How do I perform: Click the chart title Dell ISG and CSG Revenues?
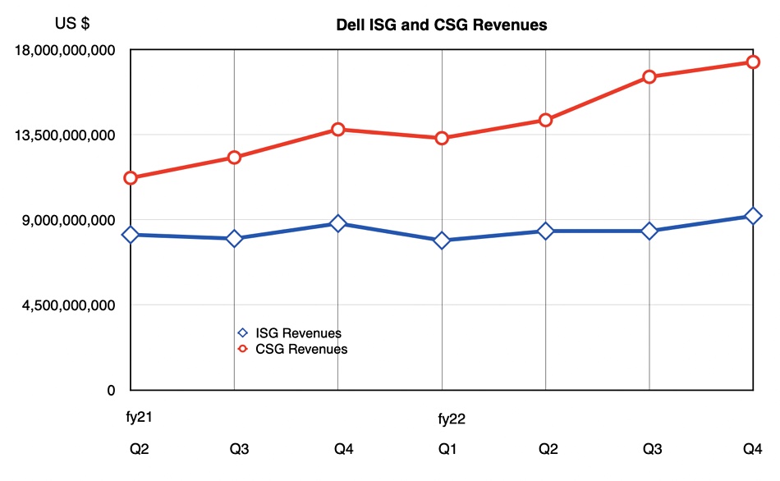pos(442,25)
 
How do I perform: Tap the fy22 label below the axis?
pos(452,419)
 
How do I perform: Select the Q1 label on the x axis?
pos(447,449)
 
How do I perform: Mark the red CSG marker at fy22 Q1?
pos(442,138)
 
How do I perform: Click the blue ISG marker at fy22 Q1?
pos(442,240)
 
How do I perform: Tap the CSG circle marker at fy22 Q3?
pos(649,77)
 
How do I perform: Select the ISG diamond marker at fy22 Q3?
pos(649,231)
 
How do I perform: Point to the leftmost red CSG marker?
pos(131,178)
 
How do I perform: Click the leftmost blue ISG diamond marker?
pos(131,235)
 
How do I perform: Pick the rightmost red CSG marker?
pos(753,62)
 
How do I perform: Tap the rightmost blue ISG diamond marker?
pos(753,216)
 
